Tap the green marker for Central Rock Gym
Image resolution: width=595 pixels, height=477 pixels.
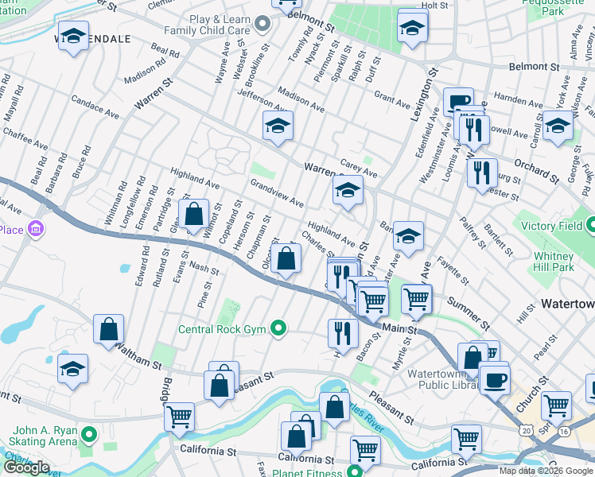tap(278, 328)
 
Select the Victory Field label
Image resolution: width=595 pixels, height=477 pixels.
tap(555, 225)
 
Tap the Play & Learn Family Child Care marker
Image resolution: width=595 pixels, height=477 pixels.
tap(266, 21)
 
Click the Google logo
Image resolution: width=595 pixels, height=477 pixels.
tap(26, 467)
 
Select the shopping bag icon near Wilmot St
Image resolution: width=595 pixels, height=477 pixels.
tap(193, 214)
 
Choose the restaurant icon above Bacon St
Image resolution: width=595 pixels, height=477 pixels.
tap(343, 331)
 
